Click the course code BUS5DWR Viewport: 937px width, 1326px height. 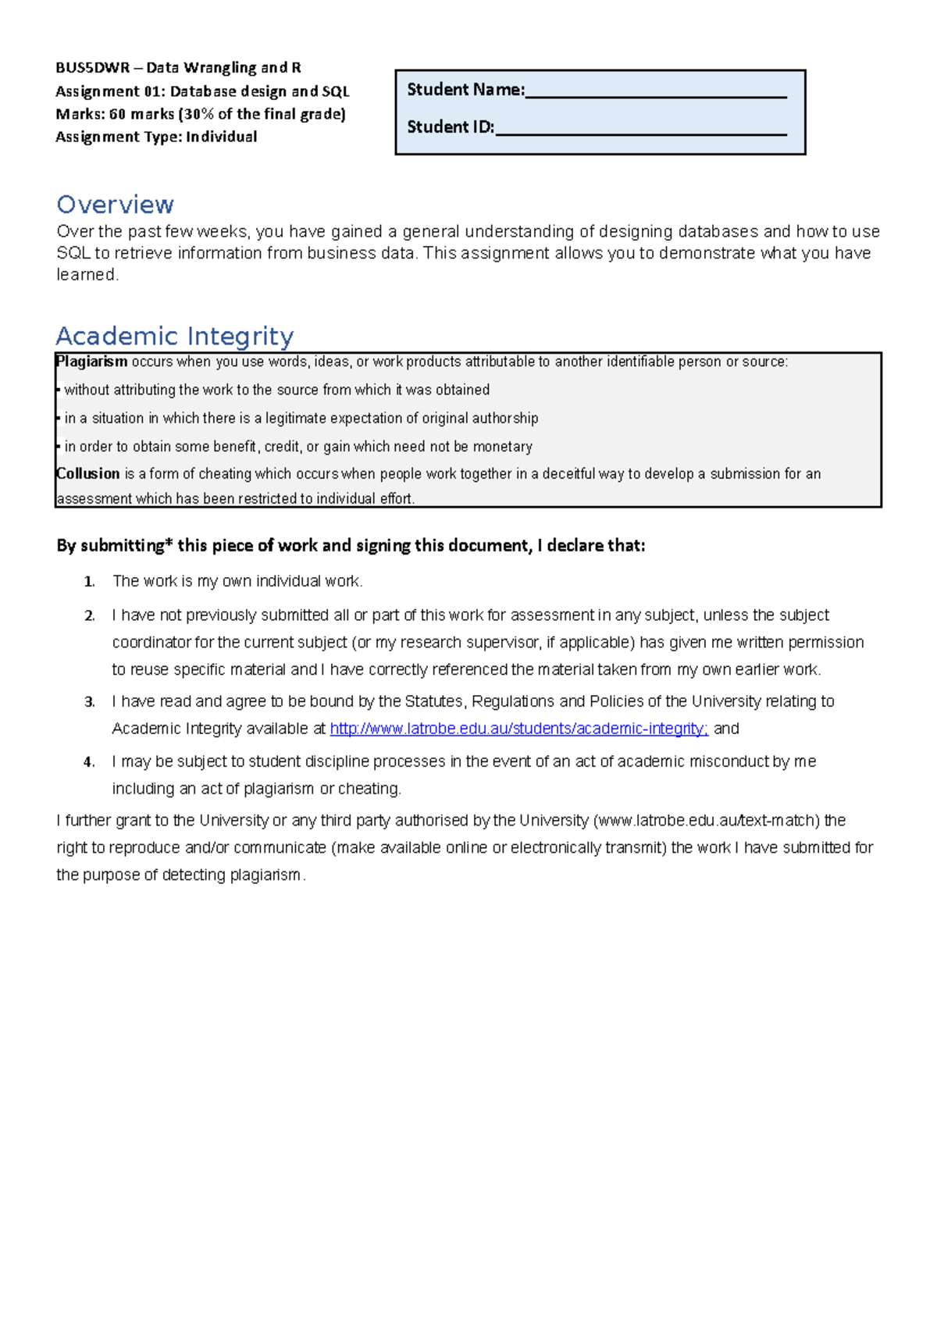92,68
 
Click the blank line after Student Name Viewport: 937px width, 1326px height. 656,94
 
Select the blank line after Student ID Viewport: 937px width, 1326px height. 640,131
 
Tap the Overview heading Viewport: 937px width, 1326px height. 115,205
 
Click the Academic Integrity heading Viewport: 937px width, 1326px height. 175,337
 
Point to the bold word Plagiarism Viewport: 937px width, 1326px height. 92,362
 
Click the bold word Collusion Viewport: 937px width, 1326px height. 88,474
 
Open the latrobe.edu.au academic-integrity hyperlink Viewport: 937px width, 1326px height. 518,729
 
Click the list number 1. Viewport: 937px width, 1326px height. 89,582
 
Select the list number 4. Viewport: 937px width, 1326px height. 89,762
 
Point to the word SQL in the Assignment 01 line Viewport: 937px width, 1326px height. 335,91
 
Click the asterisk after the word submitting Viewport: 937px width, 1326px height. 169,544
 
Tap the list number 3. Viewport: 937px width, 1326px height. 89,702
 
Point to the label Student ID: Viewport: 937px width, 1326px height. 451,127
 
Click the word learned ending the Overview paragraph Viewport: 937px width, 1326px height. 86,275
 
